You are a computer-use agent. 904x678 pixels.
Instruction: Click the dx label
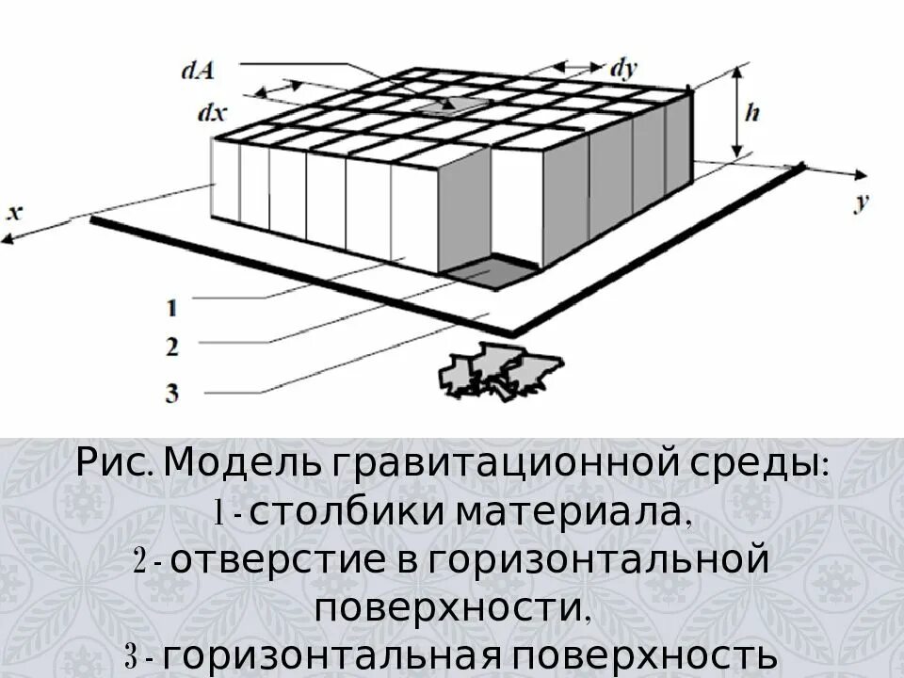tap(212, 112)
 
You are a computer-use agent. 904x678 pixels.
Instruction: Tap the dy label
tap(624, 67)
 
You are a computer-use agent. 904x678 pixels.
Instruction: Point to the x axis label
tap(14, 212)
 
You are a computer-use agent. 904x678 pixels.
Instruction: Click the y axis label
tap(861, 202)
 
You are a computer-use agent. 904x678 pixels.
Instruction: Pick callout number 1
tap(171, 307)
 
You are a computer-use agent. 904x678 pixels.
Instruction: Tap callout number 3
tap(171, 393)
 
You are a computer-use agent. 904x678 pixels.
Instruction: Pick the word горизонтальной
tap(594, 562)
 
